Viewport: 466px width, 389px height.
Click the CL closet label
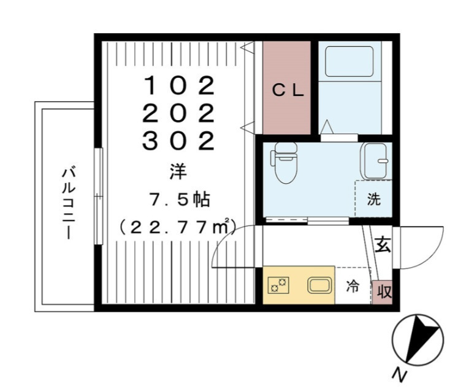288,90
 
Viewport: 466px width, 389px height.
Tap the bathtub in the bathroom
349,61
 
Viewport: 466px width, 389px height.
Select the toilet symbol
285,162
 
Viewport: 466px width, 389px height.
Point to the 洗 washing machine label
374,198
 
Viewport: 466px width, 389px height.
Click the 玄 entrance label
383,244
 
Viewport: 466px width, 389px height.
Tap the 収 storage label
384,292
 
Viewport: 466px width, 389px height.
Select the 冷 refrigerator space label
353,287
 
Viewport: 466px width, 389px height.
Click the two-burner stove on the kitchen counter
278,285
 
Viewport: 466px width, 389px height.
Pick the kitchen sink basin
319,285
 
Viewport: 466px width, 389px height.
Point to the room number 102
179,85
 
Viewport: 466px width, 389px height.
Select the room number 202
178,113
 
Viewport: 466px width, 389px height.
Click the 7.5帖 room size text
180,200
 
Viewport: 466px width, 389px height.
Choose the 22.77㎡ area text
177,227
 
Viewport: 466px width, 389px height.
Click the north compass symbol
418,339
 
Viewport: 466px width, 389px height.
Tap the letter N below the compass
400,375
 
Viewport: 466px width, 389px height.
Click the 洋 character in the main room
178,172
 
